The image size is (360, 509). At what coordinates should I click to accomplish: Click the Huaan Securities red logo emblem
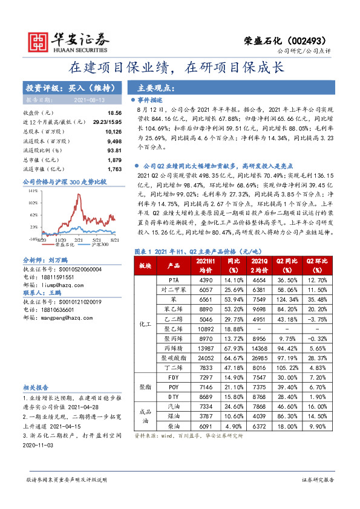tap(38, 41)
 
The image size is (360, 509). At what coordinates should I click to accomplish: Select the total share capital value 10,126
tap(113, 130)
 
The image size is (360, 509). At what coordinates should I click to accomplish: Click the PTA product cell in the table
tap(174, 280)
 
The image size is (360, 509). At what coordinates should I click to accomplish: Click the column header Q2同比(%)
tap(284, 265)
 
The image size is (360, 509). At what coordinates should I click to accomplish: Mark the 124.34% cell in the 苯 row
tap(284, 299)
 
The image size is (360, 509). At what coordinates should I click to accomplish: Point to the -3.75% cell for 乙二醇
tap(318, 319)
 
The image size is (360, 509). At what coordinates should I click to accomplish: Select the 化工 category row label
tap(145, 323)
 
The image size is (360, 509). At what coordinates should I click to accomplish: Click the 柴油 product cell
tap(174, 426)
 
